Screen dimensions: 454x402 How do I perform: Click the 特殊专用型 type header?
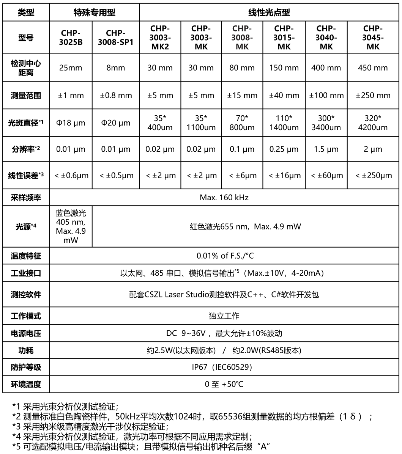pyautogui.click(x=94, y=13)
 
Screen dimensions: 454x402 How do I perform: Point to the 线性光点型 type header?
pyautogui.click(x=269, y=13)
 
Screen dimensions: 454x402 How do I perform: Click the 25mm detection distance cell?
pyautogui.click(x=71, y=68)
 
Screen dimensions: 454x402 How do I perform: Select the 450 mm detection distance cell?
pyautogui.click(x=373, y=68)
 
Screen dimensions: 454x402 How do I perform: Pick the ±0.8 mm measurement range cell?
pyautogui.click(x=116, y=96)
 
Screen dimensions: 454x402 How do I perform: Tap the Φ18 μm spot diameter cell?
pyautogui.click(x=71, y=123)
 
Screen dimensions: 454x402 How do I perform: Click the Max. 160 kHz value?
pyautogui.click(x=224, y=198)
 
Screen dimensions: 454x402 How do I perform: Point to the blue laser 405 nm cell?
pyautogui.click(x=71, y=227)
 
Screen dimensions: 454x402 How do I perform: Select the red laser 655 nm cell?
pyautogui.click(x=245, y=227)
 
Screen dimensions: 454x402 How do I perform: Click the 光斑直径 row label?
pyautogui.click(x=26, y=123)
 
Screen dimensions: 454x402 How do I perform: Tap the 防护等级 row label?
pyautogui.click(x=26, y=367)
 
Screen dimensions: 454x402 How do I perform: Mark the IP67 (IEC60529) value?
pyautogui.click(x=224, y=367)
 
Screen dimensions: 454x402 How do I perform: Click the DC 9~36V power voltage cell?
pyautogui.click(x=224, y=334)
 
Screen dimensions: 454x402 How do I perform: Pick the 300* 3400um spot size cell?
pyautogui.click(x=326, y=123)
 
